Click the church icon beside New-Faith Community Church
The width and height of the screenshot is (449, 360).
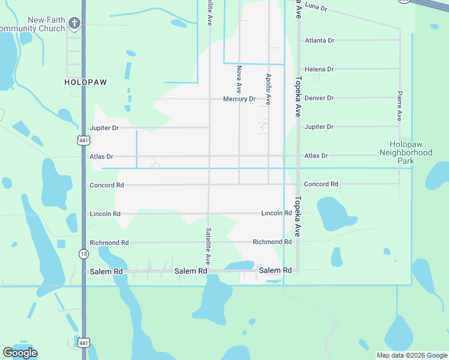[74, 23]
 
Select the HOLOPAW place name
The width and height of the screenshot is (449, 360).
[85, 82]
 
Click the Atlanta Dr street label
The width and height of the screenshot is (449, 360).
[319, 41]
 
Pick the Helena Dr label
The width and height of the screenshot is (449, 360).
[319, 70]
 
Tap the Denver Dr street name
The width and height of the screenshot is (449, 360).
[319, 98]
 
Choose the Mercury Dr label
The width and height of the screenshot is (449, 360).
[239, 99]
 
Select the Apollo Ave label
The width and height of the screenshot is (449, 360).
[268, 89]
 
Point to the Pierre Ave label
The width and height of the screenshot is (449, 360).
[399, 106]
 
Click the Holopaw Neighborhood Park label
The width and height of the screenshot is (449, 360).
[410, 153]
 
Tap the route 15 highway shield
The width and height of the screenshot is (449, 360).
[83, 254]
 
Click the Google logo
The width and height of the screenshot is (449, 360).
[20, 353]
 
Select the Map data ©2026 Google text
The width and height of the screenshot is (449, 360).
[412, 355]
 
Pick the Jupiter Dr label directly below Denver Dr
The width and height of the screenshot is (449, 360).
[319, 127]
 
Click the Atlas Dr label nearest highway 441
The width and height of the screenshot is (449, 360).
[101, 157]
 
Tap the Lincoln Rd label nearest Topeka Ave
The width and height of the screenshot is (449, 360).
[276, 214]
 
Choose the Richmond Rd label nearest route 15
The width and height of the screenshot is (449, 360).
[109, 243]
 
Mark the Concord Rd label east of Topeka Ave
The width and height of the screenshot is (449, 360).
[321, 184]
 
